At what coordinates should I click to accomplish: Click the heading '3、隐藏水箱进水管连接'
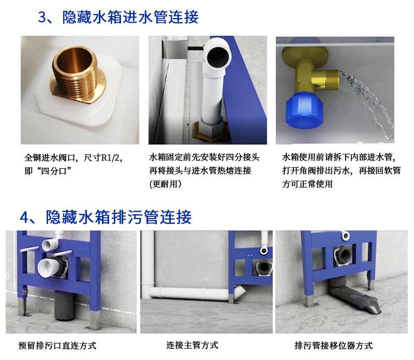click(118, 17)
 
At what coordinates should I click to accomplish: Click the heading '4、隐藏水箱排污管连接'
click(106, 217)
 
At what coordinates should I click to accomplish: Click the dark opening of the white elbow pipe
click(218, 56)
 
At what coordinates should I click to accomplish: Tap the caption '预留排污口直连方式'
click(57, 345)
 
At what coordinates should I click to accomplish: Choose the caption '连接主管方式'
click(192, 345)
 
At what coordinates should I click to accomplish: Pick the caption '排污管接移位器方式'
click(333, 345)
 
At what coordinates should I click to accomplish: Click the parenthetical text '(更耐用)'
click(165, 184)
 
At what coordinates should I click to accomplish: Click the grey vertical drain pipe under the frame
click(63, 305)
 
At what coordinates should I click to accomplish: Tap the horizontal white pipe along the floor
click(190, 293)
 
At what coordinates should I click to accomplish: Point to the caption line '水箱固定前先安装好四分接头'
click(204, 157)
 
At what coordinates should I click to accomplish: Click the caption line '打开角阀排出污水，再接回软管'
click(342, 170)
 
